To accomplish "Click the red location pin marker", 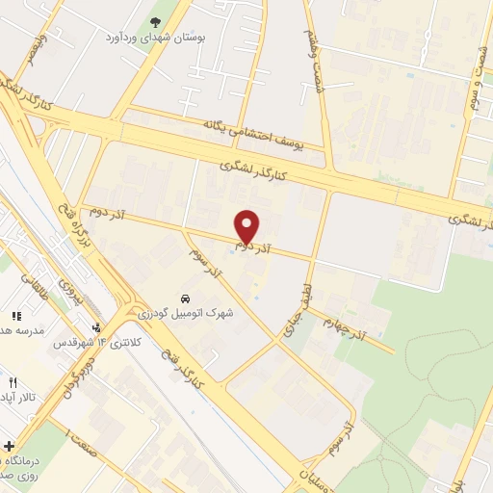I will (247, 227).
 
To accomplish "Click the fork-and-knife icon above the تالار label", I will (12, 382).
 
